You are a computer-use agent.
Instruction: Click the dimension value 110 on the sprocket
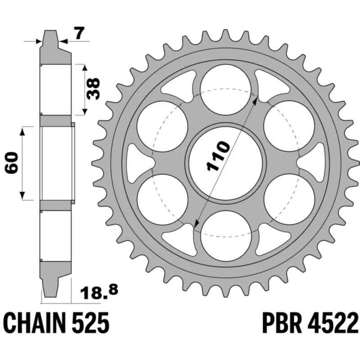coord(218,157)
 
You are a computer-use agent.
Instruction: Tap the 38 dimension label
coord(94,89)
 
